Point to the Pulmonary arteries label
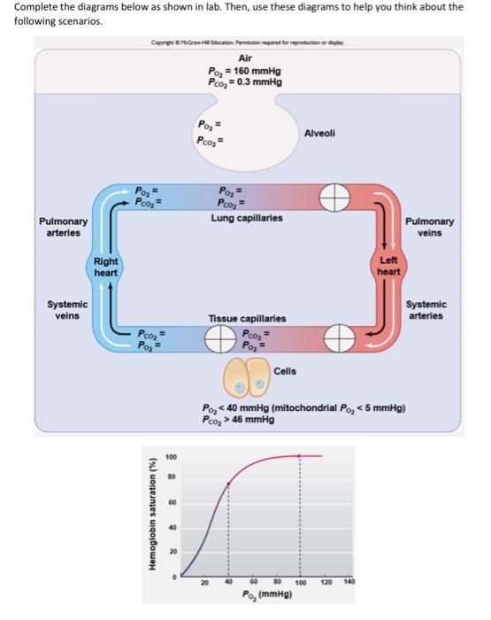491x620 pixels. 58,227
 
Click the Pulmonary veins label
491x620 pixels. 433,228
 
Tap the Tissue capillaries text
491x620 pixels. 247,317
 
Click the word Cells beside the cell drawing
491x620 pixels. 286,371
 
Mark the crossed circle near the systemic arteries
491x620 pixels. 336,337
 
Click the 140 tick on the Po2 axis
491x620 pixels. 349,583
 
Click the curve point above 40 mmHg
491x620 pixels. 228,484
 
